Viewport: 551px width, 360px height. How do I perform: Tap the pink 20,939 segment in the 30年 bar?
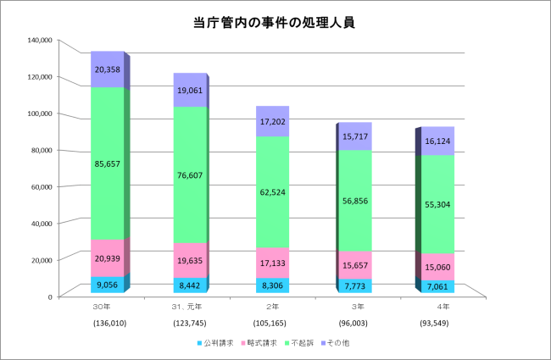[108, 258]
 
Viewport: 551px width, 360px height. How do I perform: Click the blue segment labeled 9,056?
[108, 285]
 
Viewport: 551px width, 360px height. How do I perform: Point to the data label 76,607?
[190, 174]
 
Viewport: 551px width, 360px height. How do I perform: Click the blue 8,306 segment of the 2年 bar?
[272, 286]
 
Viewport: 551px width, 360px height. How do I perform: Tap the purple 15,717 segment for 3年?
[354, 136]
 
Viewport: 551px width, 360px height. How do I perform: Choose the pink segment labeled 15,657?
[354, 265]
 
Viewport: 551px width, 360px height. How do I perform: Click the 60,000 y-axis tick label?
[41, 186]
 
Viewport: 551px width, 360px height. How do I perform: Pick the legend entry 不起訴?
[298, 344]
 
